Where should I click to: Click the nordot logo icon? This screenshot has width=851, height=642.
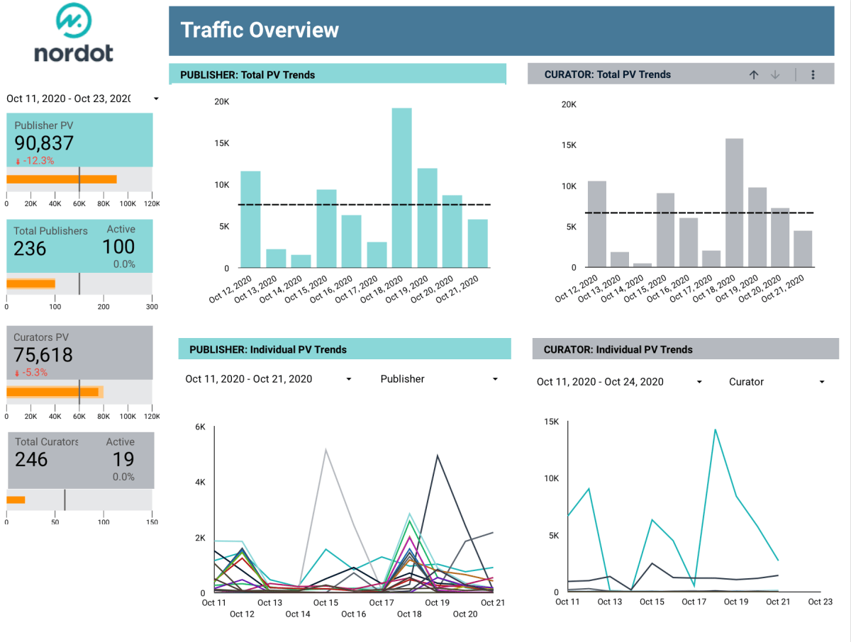coord(74,21)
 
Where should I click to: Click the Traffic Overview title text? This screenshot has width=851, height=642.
coord(260,30)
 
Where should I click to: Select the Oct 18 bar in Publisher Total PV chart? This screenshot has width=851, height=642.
coord(401,188)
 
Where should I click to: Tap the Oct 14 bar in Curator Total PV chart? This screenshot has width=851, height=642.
coord(643,265)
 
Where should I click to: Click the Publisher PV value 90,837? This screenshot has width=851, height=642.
coord(44,143)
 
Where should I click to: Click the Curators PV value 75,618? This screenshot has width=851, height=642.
coord(43,355)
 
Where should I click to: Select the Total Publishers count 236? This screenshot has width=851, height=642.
coord(30,249)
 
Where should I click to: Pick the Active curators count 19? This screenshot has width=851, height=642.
coord(123,459)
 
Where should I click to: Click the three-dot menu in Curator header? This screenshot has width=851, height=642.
coord(813,74)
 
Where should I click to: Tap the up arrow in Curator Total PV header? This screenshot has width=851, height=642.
coord(754,74)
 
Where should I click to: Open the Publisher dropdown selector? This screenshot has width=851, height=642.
coord(439,379)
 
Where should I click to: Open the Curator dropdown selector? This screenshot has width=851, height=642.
coord(777,382)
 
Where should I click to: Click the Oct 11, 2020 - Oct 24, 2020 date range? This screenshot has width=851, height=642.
coord(600,382)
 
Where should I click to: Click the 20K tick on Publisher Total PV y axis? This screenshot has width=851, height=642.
coord(222,102)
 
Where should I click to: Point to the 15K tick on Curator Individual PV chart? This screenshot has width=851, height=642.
coord(551,422)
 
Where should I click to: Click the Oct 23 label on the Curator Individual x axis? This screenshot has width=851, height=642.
coord(820,602)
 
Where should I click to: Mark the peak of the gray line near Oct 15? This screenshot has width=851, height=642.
coord(326,449)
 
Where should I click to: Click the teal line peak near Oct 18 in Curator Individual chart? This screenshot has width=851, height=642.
coord(716,429)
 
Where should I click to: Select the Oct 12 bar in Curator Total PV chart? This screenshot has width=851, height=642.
coord(597,225)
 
